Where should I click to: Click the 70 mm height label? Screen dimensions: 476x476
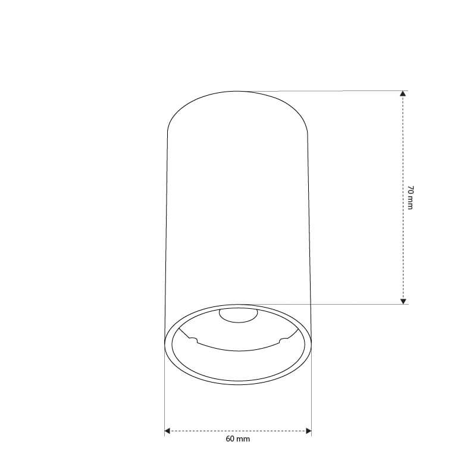410,198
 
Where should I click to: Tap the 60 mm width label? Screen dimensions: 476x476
237,439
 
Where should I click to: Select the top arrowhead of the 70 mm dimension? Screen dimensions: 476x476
403,93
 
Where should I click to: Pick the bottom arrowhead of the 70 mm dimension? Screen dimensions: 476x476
403,301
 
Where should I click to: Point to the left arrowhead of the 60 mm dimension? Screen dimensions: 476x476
167,431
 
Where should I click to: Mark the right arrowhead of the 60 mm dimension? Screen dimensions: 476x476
309,431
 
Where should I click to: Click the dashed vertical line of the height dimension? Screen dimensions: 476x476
403,198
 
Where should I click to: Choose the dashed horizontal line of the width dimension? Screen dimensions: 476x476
237,431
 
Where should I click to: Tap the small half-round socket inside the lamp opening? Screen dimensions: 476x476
239,316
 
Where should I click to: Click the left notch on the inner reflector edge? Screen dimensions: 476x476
193,340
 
